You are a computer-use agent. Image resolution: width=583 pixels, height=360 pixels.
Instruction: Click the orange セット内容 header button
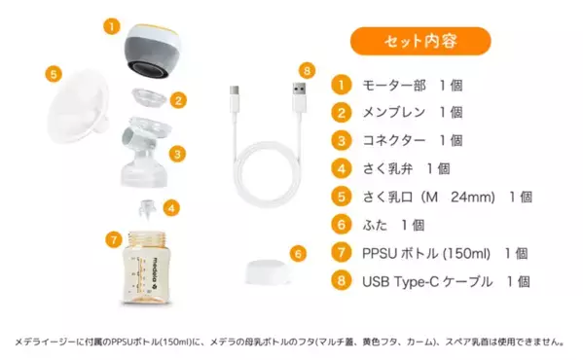(420, 41)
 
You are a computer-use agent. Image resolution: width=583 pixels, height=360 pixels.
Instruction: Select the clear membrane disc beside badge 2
(148, 99)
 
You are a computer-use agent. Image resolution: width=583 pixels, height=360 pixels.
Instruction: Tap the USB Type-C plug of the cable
(232, 100)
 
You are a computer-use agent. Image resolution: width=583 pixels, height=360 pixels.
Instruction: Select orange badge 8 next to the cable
(307, 71)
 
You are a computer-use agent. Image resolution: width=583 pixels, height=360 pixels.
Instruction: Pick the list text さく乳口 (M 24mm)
(433, 197)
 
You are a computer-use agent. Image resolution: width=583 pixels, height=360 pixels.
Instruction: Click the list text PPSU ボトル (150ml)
(428, 253)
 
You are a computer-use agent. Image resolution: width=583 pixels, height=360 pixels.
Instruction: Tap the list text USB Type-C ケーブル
(428, 281)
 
